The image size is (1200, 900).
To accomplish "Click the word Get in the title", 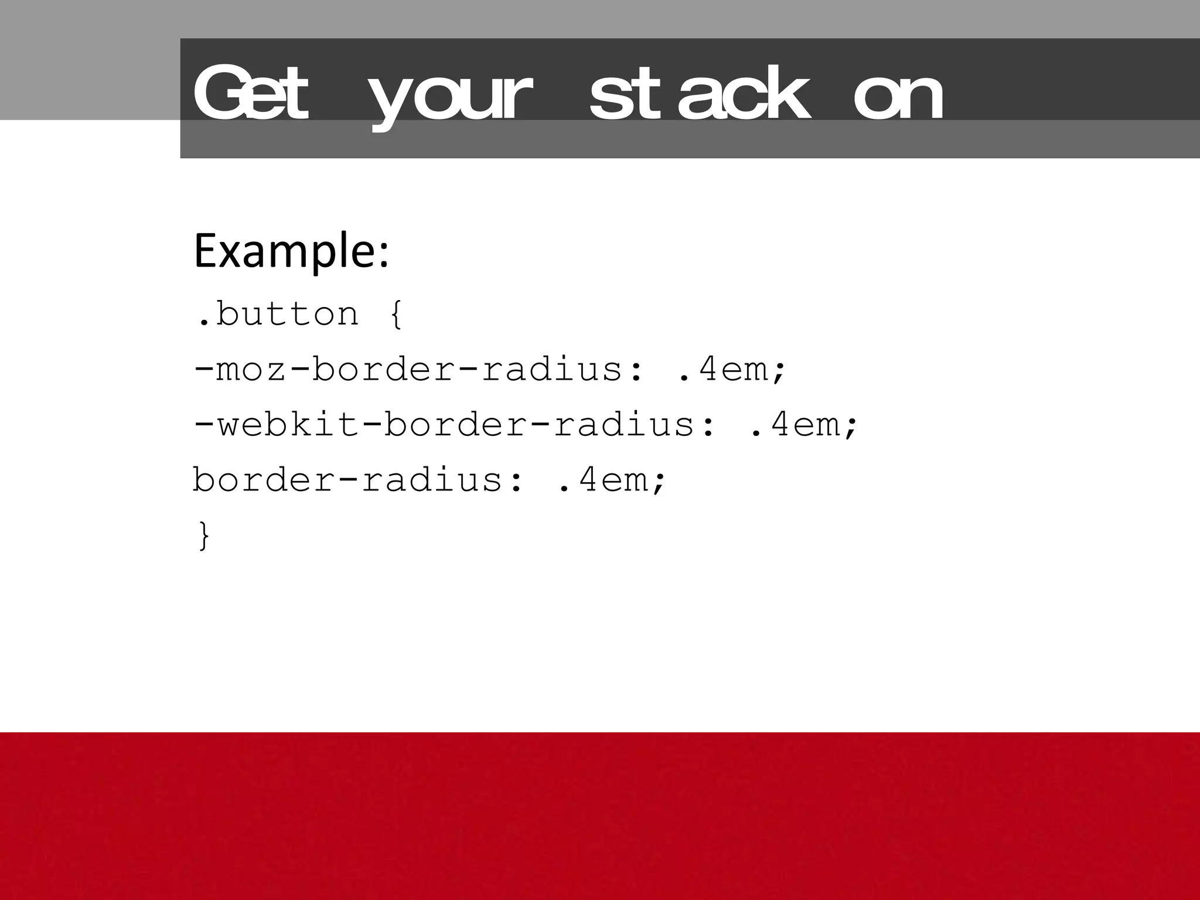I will click(x=251, y=94).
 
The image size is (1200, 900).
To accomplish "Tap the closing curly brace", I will click(x=203, y=536).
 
